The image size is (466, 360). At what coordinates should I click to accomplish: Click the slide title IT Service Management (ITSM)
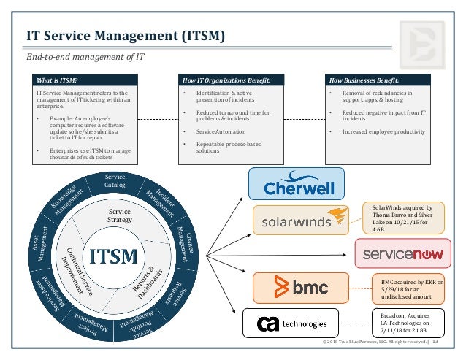[x=125, y=36]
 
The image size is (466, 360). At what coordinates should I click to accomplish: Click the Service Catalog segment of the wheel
[x=115, y=180]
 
